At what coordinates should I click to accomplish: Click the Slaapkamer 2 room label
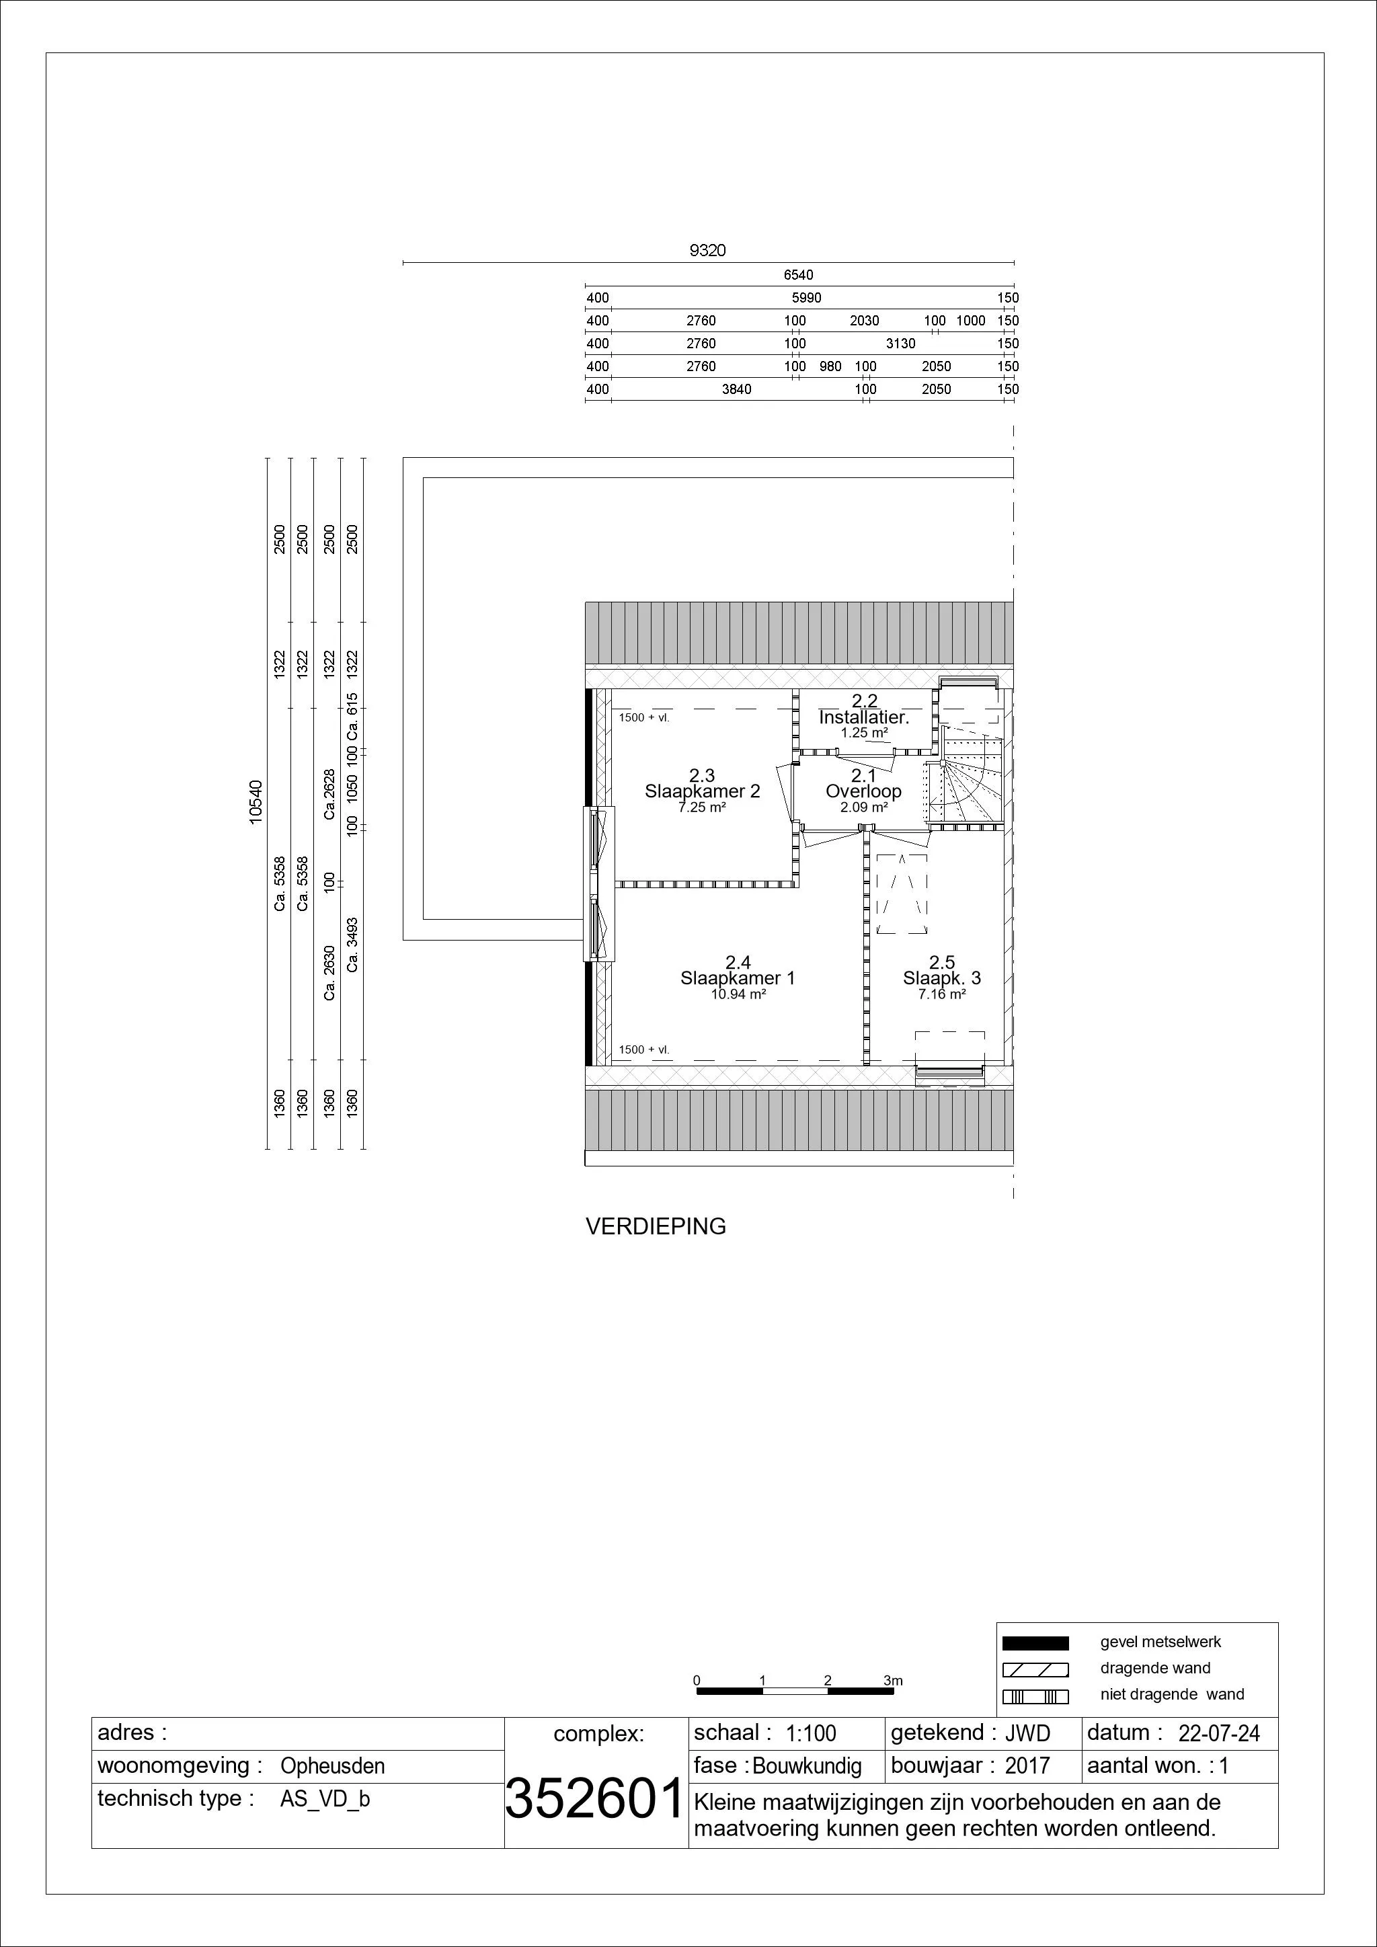pos(702,791)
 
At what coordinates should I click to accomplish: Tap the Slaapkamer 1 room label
pos(738,978)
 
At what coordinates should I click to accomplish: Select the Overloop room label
pos(863,791)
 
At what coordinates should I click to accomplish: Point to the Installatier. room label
pos(864,717)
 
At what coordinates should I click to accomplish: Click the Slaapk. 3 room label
pos(941,978)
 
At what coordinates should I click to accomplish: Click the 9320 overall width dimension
pos(707,251)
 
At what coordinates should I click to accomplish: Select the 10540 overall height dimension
pos(256,801)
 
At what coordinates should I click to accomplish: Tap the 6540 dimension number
pos(798,275)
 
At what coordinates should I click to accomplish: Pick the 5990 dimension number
pos(806,298)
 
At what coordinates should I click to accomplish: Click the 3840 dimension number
pos(736,389)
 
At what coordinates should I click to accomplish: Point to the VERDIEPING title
pos(656,1227)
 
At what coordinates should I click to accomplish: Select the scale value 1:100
pos(812,1733)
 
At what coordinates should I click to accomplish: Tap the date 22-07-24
pos(1219,1733)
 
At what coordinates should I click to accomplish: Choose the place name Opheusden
pos(332,1766)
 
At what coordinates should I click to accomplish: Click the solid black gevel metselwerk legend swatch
pos(1035,1642)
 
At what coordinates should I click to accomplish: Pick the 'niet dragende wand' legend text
pos(1173,1695)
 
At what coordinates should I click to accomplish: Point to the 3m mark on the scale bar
pos(893,1680)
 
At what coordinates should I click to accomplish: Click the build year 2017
pos(1027,1766)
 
